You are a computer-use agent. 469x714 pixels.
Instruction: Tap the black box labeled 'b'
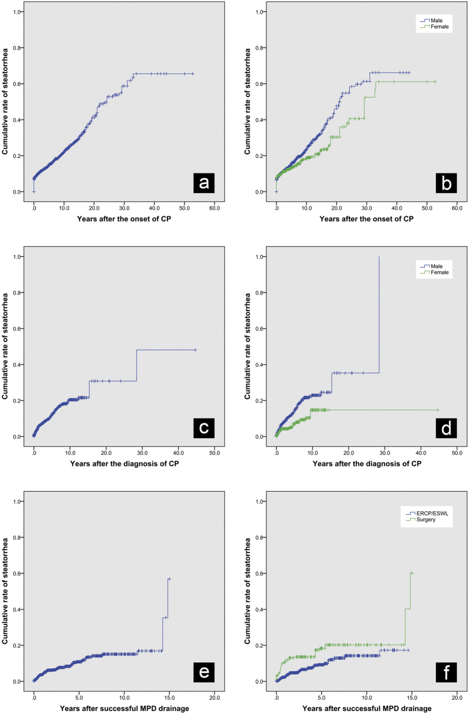pos(445,184)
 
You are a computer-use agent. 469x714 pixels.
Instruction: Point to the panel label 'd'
pos(445,428)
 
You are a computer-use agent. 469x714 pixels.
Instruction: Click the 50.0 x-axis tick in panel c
pos(215,453)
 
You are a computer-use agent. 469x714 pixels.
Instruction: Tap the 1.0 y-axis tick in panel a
pos(19,12)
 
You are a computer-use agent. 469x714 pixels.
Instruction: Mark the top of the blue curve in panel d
pos(379,257)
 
